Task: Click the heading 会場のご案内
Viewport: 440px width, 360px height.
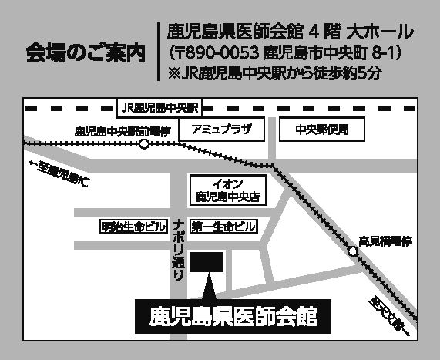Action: click(x=86, y=52)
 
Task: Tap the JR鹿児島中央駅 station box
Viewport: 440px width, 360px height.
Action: click(x=160, y=108)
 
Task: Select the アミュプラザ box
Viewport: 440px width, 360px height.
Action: click(x=222, y=130)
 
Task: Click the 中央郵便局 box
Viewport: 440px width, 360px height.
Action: click(x=322, y=130)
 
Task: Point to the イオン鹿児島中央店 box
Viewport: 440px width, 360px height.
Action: click(x=228, y=190)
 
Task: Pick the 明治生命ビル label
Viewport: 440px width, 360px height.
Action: click(x=133, y=227)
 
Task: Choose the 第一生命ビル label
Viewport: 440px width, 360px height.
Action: click(x=223, y=227)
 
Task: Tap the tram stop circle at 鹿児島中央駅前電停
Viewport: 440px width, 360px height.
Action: click(x=144, y=144)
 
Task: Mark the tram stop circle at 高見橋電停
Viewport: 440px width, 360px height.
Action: click(x=353, y=251)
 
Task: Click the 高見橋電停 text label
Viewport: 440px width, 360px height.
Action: click(x=385, y=241)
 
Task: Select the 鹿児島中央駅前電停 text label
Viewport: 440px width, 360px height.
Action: click(x=123, y=131)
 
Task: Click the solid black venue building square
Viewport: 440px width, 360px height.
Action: click(x=207, y=262)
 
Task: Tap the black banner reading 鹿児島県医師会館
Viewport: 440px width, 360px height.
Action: click(x=233, y=317)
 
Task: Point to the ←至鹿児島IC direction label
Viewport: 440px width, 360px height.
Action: click(x=59, y=173)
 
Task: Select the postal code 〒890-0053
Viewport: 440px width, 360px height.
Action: click(x=218, y=52)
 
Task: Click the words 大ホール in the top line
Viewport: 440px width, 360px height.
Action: click(x=380, y=32)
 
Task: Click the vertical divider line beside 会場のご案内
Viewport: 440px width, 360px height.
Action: click(x=159, y=52)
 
